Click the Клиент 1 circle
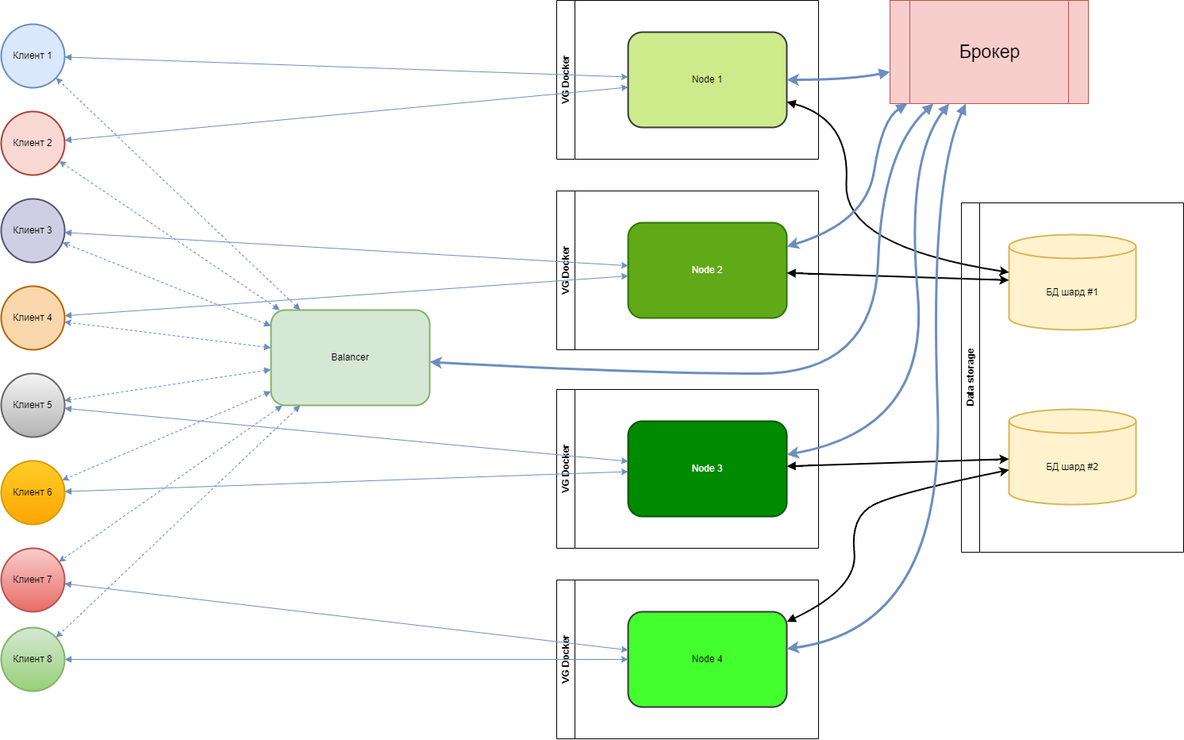pyautogui.click(x=33, y=56)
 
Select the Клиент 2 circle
pyautogui.click(x=33, y=143)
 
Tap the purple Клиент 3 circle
pyautogui.click(x=33, y=230)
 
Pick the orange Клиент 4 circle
pyautogui.click(x=33, y=318)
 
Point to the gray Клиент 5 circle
pyautogui.click(x=33, y=405)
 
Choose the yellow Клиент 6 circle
pyautogui.click(x=33, y=492)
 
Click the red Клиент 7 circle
pyautogui.click(x=33, y=580)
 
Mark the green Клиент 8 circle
pyautogui.click(x=33, y=659)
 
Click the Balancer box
pyautogui.click(x=350, y=357)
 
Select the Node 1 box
pyautogui.click(x=707, y=79)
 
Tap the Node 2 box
pyautogui.click(x=707, y=270)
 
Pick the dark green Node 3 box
pyautogui.click(x=707, y=468)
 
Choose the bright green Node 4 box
pyautogui.click(x=707, y=659)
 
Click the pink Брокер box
pyautogui.click(x=989, y=52)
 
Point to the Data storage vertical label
pyautogui.click(x=970, y=377)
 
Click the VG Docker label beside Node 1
pyautogui.click(x=566, y=79)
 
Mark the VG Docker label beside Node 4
pyautogui.click(x=566, y=659)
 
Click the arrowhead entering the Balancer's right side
pyautogui.click(x=436, y=363)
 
